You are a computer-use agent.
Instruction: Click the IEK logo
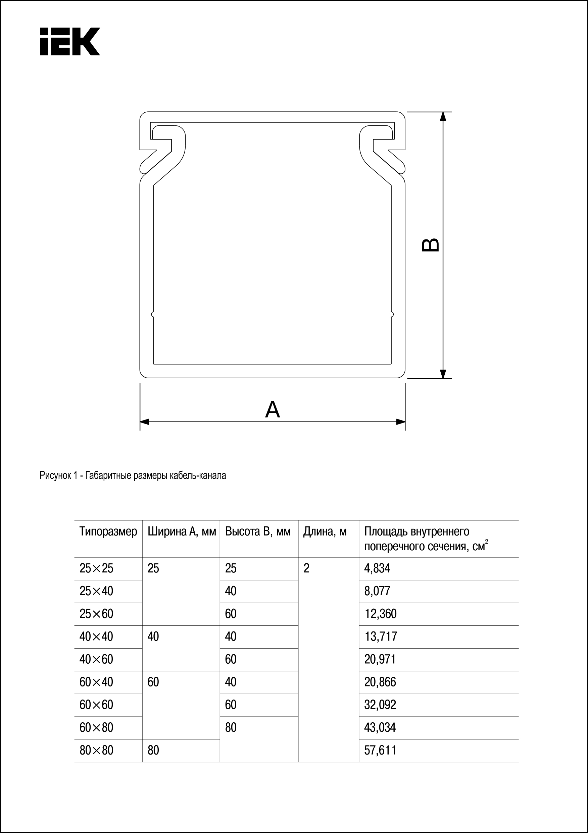tap(70, 41)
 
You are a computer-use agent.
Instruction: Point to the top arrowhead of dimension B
tap(443, 116)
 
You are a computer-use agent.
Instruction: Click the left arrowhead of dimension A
tap(145, 422)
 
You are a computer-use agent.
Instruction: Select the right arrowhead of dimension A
tap(401, 422)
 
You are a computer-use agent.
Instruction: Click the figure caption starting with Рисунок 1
tap(133, 476)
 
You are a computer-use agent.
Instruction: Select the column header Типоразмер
tap(108, 532)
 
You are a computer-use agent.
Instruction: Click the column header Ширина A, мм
tap(182, 532)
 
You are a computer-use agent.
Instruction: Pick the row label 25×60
tap(96, 614)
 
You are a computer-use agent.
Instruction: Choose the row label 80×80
tap(96, 750)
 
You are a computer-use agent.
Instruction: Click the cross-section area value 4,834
tap(377, 568)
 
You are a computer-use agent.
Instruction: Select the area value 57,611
tap(380, 750)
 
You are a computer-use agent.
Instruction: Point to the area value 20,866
tap(380, 682)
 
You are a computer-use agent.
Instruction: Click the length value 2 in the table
tap(306, 568)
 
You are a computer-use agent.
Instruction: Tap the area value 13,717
tap(381, 636)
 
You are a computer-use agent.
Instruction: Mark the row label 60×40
tap(96, 682)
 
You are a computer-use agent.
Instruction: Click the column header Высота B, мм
tap(258, 532)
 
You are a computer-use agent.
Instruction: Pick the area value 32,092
tap(380, 705)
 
